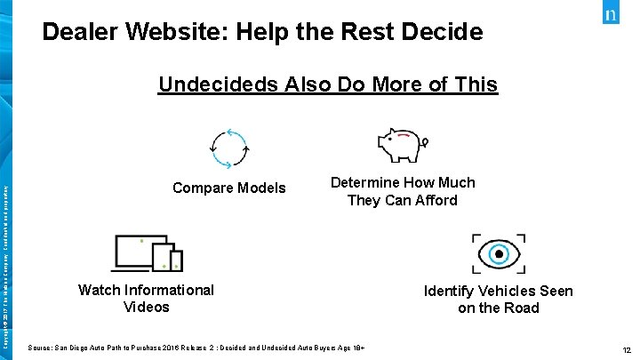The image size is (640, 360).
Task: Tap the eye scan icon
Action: point(499,252)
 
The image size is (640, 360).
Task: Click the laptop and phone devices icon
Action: point(148,253)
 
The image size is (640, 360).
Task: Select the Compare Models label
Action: point(229,188)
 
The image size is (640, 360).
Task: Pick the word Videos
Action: point(146,308)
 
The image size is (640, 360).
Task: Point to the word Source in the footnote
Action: point(40,346)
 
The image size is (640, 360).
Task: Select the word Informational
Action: point(169,290)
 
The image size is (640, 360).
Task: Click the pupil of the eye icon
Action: point(499,253)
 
